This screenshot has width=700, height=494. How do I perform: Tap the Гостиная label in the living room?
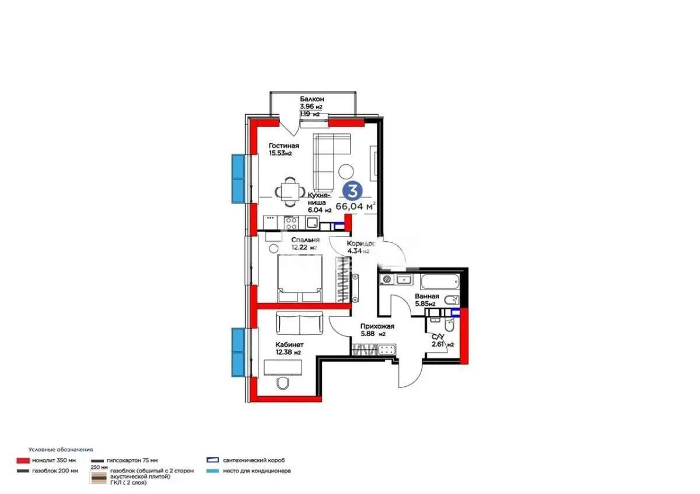[x=283, y=146]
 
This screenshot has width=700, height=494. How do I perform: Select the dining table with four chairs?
[x=289, y=190]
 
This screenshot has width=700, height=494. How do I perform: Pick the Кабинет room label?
[x=289, y=344]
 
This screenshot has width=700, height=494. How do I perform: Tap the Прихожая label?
[x=377, y=327]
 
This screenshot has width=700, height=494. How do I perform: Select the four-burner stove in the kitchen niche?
[x=291, y=222]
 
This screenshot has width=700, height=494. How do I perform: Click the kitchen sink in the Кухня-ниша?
[x=312, y=222]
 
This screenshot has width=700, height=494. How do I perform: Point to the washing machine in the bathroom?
[x=386, y=280]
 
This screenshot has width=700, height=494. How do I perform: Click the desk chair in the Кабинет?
[x=283, y=384]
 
